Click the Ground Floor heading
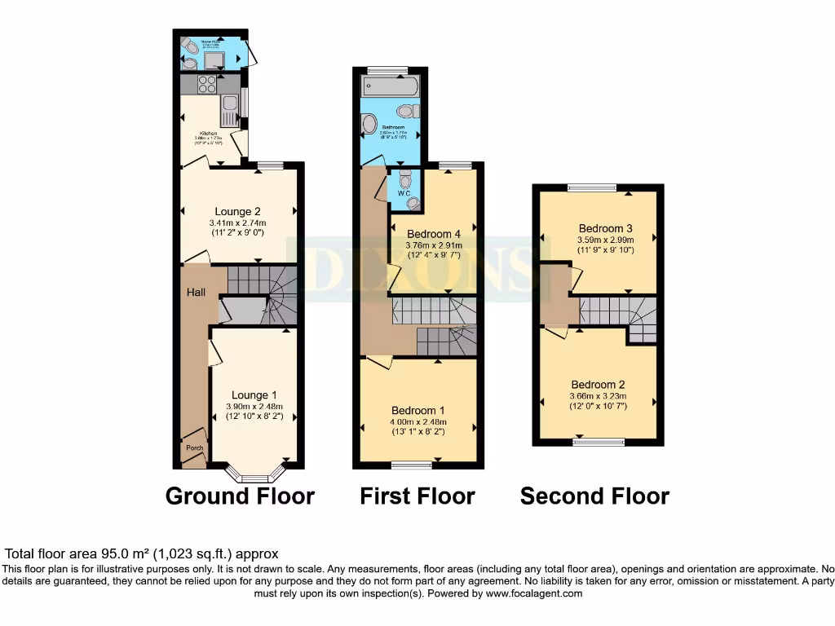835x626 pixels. click(x=240, y=496)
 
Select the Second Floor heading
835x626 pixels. click(x=594, y=496)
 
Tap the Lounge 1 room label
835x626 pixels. click(x=254, y=395)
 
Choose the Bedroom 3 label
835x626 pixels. click(x=606, y=228)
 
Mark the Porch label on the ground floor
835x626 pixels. click(x=194, y=448)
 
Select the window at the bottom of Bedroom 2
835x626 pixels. click(x=599, y=443)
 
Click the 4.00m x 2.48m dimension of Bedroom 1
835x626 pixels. click(x=419, y=422)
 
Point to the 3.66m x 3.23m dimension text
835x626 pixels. click(x=598, y=397)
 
